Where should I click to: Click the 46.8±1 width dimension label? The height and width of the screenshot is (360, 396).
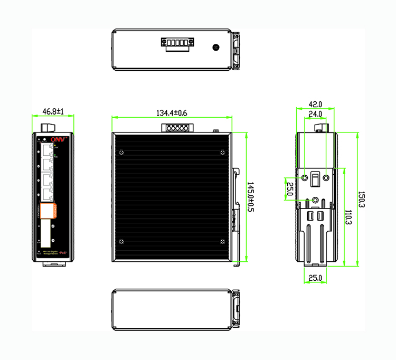[53, 112]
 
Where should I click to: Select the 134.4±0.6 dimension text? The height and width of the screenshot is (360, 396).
[172, 113]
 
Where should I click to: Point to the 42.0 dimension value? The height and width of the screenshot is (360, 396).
[315, 105]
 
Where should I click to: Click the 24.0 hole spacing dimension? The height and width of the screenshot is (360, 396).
[315, 114]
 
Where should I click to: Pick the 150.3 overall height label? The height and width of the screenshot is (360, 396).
[362, 200]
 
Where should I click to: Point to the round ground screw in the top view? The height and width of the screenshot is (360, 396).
[215, 48]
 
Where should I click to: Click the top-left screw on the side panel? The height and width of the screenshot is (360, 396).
[122, 153]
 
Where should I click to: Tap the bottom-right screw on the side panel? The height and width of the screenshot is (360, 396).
[221, 242]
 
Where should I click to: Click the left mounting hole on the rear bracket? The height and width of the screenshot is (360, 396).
[305, 177]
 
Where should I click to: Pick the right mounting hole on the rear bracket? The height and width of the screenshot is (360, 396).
[326, 177]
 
